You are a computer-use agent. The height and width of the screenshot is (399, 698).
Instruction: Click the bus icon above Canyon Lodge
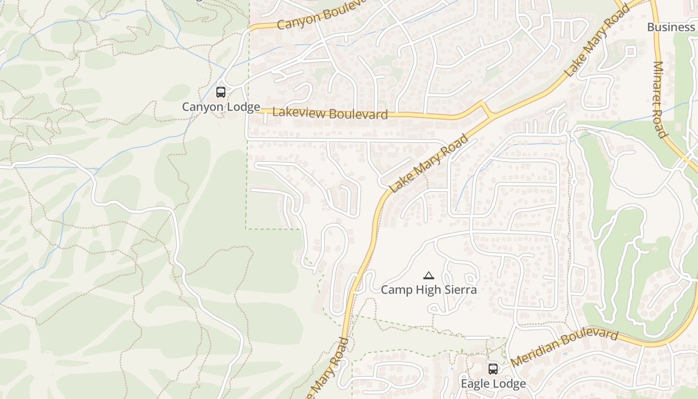(x=221, y=92)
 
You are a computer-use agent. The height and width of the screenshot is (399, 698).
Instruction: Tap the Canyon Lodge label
(x=221, y=107)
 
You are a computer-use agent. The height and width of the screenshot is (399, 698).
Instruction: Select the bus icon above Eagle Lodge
(x=493, y=369)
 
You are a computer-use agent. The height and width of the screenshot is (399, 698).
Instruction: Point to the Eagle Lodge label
(x=493, y=384)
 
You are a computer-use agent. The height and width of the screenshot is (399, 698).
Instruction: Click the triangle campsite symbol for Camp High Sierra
(x=428, y=275)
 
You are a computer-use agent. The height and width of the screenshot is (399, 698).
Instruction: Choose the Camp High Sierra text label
(x=429, y=290)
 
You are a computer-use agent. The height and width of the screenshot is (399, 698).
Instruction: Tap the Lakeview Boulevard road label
(x=330, y=113)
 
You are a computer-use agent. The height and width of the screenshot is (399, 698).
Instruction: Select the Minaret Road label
(x=660, y=99)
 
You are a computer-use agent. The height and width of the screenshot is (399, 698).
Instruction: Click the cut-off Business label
(x=671, y=27)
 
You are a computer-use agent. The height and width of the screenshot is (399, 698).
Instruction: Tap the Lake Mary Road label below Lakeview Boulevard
(x=429, y=164)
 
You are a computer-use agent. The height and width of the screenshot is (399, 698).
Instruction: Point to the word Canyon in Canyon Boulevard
(x=297, y=21)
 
